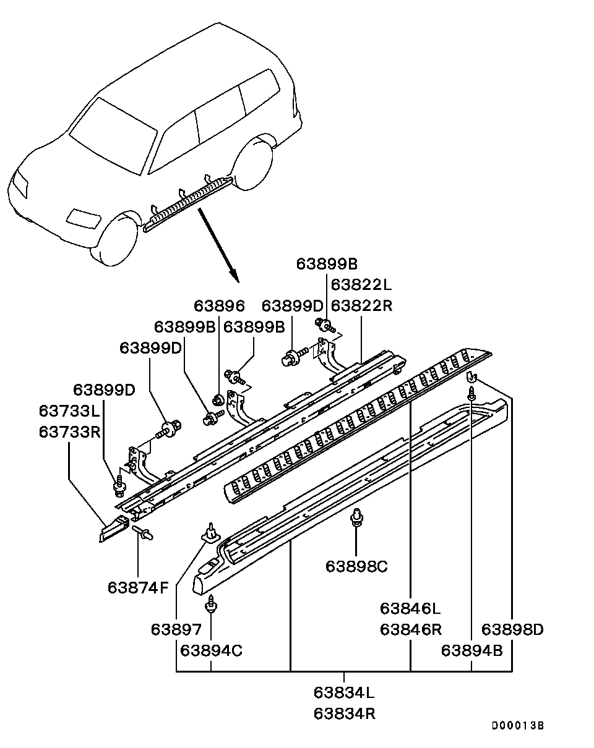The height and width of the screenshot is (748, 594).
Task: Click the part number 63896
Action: click(x=219, y=306)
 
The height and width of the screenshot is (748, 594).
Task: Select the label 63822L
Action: click(x=361, y=285)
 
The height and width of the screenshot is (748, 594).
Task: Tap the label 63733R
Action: click(x=69, y=431)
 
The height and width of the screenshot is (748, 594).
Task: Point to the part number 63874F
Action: click(x=138, y=587)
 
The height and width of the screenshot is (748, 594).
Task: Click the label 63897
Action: click(x=176, y=629)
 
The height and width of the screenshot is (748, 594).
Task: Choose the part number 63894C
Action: click(x=211, y=650)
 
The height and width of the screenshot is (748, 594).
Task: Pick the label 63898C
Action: click(x=356, y=566)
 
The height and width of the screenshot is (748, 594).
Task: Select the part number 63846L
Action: click(x=410, y=608)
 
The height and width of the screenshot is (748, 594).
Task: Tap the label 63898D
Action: click(x=512, y=629)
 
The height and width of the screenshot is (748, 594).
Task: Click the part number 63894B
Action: click(x=471, y=650)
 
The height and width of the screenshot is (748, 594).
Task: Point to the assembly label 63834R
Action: click(x=344, y=713)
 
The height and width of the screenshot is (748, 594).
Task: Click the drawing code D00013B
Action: click(x=517, y=726)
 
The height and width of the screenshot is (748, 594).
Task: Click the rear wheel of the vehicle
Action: click(x=254, y=164)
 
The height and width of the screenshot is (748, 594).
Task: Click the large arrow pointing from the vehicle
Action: click(x=218, y=244)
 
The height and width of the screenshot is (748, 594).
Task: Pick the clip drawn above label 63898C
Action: click(x=356, y=517)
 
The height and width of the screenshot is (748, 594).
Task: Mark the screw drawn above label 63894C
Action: click(x=212, y=603)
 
